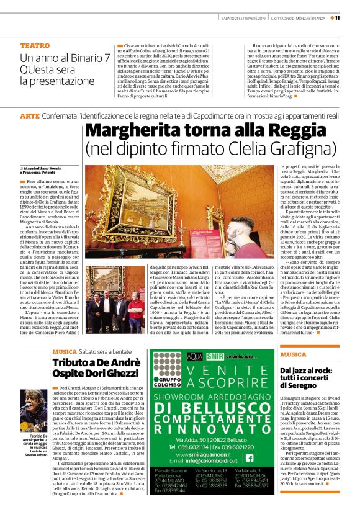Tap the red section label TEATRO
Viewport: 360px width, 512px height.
[35, 46]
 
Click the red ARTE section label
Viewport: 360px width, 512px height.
[29, 116]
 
